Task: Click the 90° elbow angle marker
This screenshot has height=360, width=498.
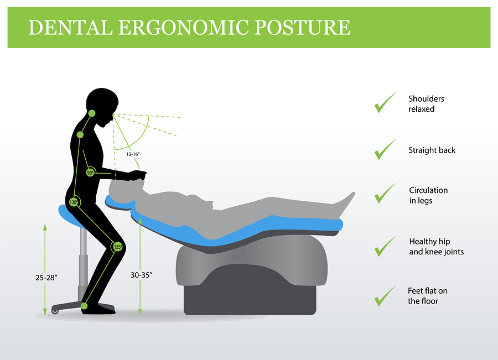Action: (90, 173)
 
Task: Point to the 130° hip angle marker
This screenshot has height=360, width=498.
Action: (73, 202)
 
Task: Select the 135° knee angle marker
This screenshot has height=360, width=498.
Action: (117, 247)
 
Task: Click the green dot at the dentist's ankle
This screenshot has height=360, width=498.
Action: (85, 305)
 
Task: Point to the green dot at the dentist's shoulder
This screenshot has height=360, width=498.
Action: (80, 135)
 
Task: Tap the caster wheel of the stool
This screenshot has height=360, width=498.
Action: (55, 311)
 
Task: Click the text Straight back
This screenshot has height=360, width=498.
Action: (432, 150)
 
